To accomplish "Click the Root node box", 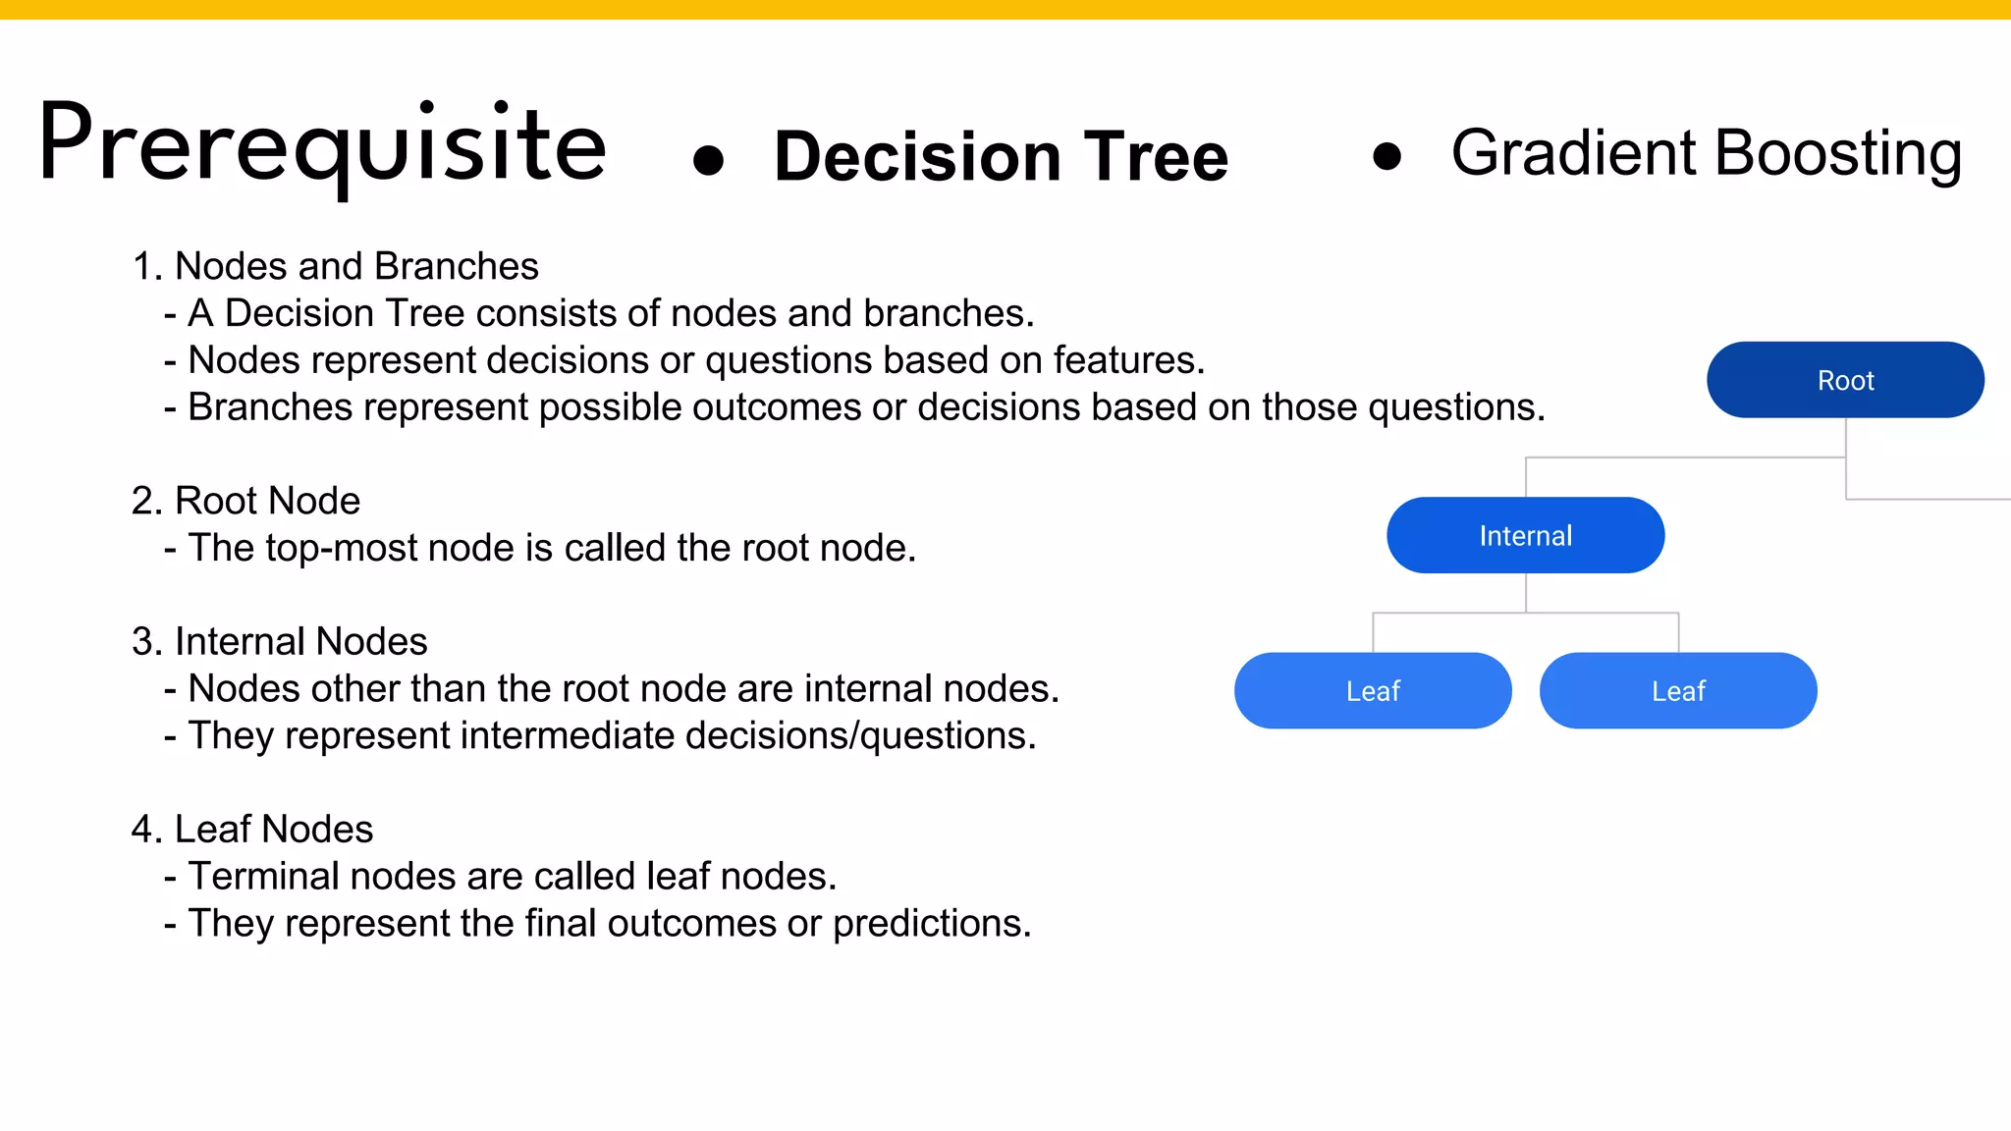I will pyautogui.click(x=1845, y=380).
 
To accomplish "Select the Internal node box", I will pyautogui.click(x=1525, y=535).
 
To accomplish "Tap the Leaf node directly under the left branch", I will pyautogui.click(x=1373, y=690).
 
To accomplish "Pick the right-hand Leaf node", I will pyautogui.click(x=1678, y=690).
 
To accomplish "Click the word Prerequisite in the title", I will pyautogui.click(x=322, y=145).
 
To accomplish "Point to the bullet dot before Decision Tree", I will pyautogui.click(x=708, y=160).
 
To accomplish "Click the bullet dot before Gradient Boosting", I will pyautogui.click(x=1386, y=155).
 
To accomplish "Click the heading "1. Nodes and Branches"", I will pyautogui.click(x=335, y=266).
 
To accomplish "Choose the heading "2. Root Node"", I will pyautogui.click(x=245, y=501).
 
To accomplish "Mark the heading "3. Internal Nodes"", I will pyautogui.click(x=279, y=641).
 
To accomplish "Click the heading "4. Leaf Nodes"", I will pyautogui.click(x=252, y=829).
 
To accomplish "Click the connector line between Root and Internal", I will pyautogui.click(x=1685, y=458).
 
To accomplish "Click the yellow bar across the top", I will pyautogui.click(x=1005, y=9).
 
